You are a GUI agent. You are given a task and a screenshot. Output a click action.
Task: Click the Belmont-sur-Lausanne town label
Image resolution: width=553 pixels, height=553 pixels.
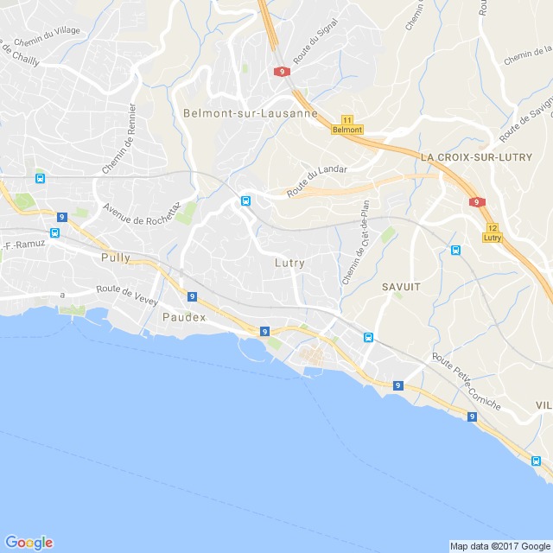[x=250, y=113]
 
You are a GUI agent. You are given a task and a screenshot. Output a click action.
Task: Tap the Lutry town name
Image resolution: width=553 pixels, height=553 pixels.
[x=289, y=263]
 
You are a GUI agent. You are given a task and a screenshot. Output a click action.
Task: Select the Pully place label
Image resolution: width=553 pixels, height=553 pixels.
[x=115, y=257]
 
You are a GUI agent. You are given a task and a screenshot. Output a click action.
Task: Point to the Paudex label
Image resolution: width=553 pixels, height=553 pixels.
[x=184, y=317]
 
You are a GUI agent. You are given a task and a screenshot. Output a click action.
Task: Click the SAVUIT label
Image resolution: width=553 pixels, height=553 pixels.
[x=400, y=284]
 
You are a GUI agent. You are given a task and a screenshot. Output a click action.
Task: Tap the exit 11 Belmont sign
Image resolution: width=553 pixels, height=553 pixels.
[x=347, y=124]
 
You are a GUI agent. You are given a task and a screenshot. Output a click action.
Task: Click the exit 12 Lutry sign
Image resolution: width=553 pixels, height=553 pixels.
[x=493, y=232]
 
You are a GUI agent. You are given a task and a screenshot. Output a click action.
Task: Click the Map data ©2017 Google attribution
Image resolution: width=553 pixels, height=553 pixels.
[x=499, y=546]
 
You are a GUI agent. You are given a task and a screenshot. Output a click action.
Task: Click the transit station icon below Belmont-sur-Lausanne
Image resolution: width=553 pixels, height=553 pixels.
[x=245, y=201]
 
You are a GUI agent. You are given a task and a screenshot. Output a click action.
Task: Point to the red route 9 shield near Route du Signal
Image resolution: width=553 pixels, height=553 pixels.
[x=282, y=72]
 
